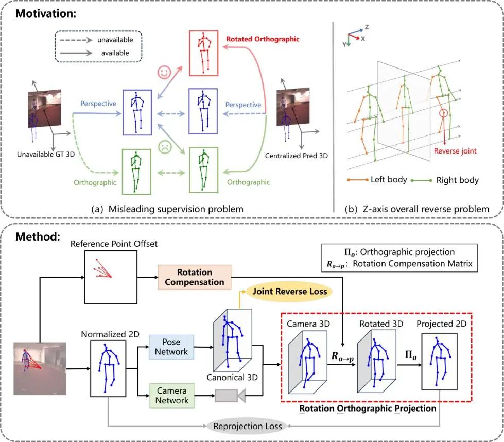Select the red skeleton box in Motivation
pyautogui.click(x=205, y=52)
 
